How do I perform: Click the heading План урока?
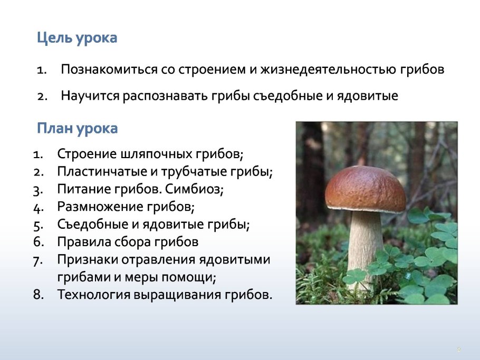77,129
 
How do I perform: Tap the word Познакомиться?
110,70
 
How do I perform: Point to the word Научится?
90,96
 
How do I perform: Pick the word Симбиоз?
194,190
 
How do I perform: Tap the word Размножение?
100,207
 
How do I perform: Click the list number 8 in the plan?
39,295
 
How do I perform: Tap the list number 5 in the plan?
38,225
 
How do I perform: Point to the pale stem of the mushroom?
365,245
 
